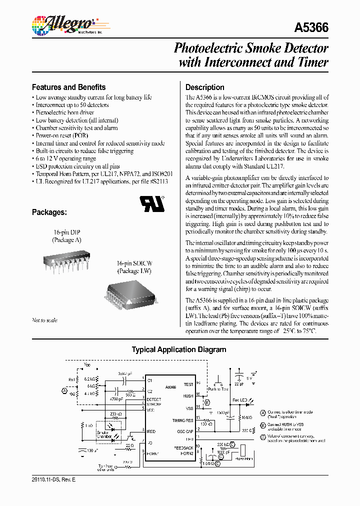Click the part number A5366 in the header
(312, 28)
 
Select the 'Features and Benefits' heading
(68, 87)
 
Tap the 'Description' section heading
(205, 87)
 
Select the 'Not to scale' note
(45, 320)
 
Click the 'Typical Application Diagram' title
(178, 350)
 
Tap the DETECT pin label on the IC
(153, 399)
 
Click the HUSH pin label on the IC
(187, 395)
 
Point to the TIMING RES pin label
(182, 420)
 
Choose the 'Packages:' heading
(49, 212)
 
